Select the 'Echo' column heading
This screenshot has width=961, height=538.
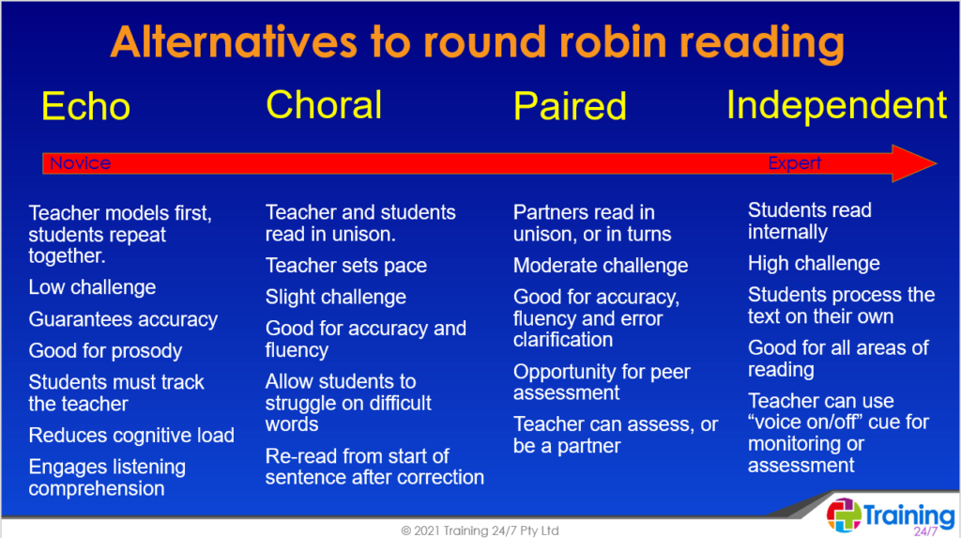[85, 107]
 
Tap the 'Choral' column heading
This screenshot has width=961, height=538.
[324, 104]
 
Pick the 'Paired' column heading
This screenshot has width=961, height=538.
[570, 106]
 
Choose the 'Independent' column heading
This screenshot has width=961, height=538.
[836, 105]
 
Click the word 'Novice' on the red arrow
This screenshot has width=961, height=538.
[80, 163]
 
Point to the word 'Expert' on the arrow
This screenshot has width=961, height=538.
[794, 163]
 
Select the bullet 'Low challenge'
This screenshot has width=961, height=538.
[92, 287]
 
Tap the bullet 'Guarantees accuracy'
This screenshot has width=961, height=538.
[123, 319]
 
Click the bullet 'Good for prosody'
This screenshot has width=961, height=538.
[105, 351]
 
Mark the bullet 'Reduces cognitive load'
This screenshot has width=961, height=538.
[131, 436]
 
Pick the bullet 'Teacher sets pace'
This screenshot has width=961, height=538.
[345, 266]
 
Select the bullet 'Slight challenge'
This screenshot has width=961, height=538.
[335, 298]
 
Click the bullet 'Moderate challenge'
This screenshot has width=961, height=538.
[600, 266]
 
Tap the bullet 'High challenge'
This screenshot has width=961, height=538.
[814, 264]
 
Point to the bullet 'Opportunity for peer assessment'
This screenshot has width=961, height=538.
[601, 382]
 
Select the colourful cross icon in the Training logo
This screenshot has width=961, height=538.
[844, 515]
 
